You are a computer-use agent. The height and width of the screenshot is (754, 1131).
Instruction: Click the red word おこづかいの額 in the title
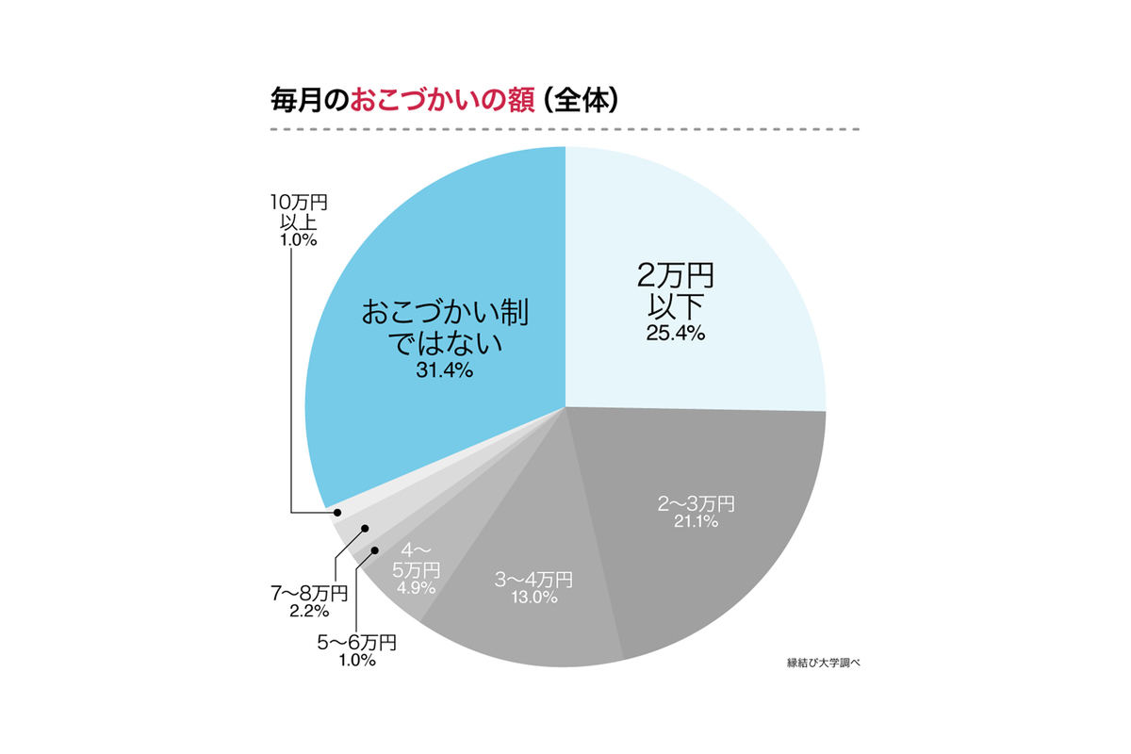pos(442,100)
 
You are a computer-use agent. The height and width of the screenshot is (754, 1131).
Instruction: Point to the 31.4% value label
pos(444,370)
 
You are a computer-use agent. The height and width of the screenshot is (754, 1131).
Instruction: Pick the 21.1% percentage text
pos(696,522)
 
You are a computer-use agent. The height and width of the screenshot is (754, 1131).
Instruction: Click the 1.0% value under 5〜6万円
pos(354,661)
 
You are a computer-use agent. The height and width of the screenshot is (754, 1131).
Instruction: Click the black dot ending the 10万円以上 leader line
pos(337,513)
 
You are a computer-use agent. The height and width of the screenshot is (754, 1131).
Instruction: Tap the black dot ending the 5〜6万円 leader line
pos(374,549)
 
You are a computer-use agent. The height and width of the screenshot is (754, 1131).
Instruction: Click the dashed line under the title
pos(565,129)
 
